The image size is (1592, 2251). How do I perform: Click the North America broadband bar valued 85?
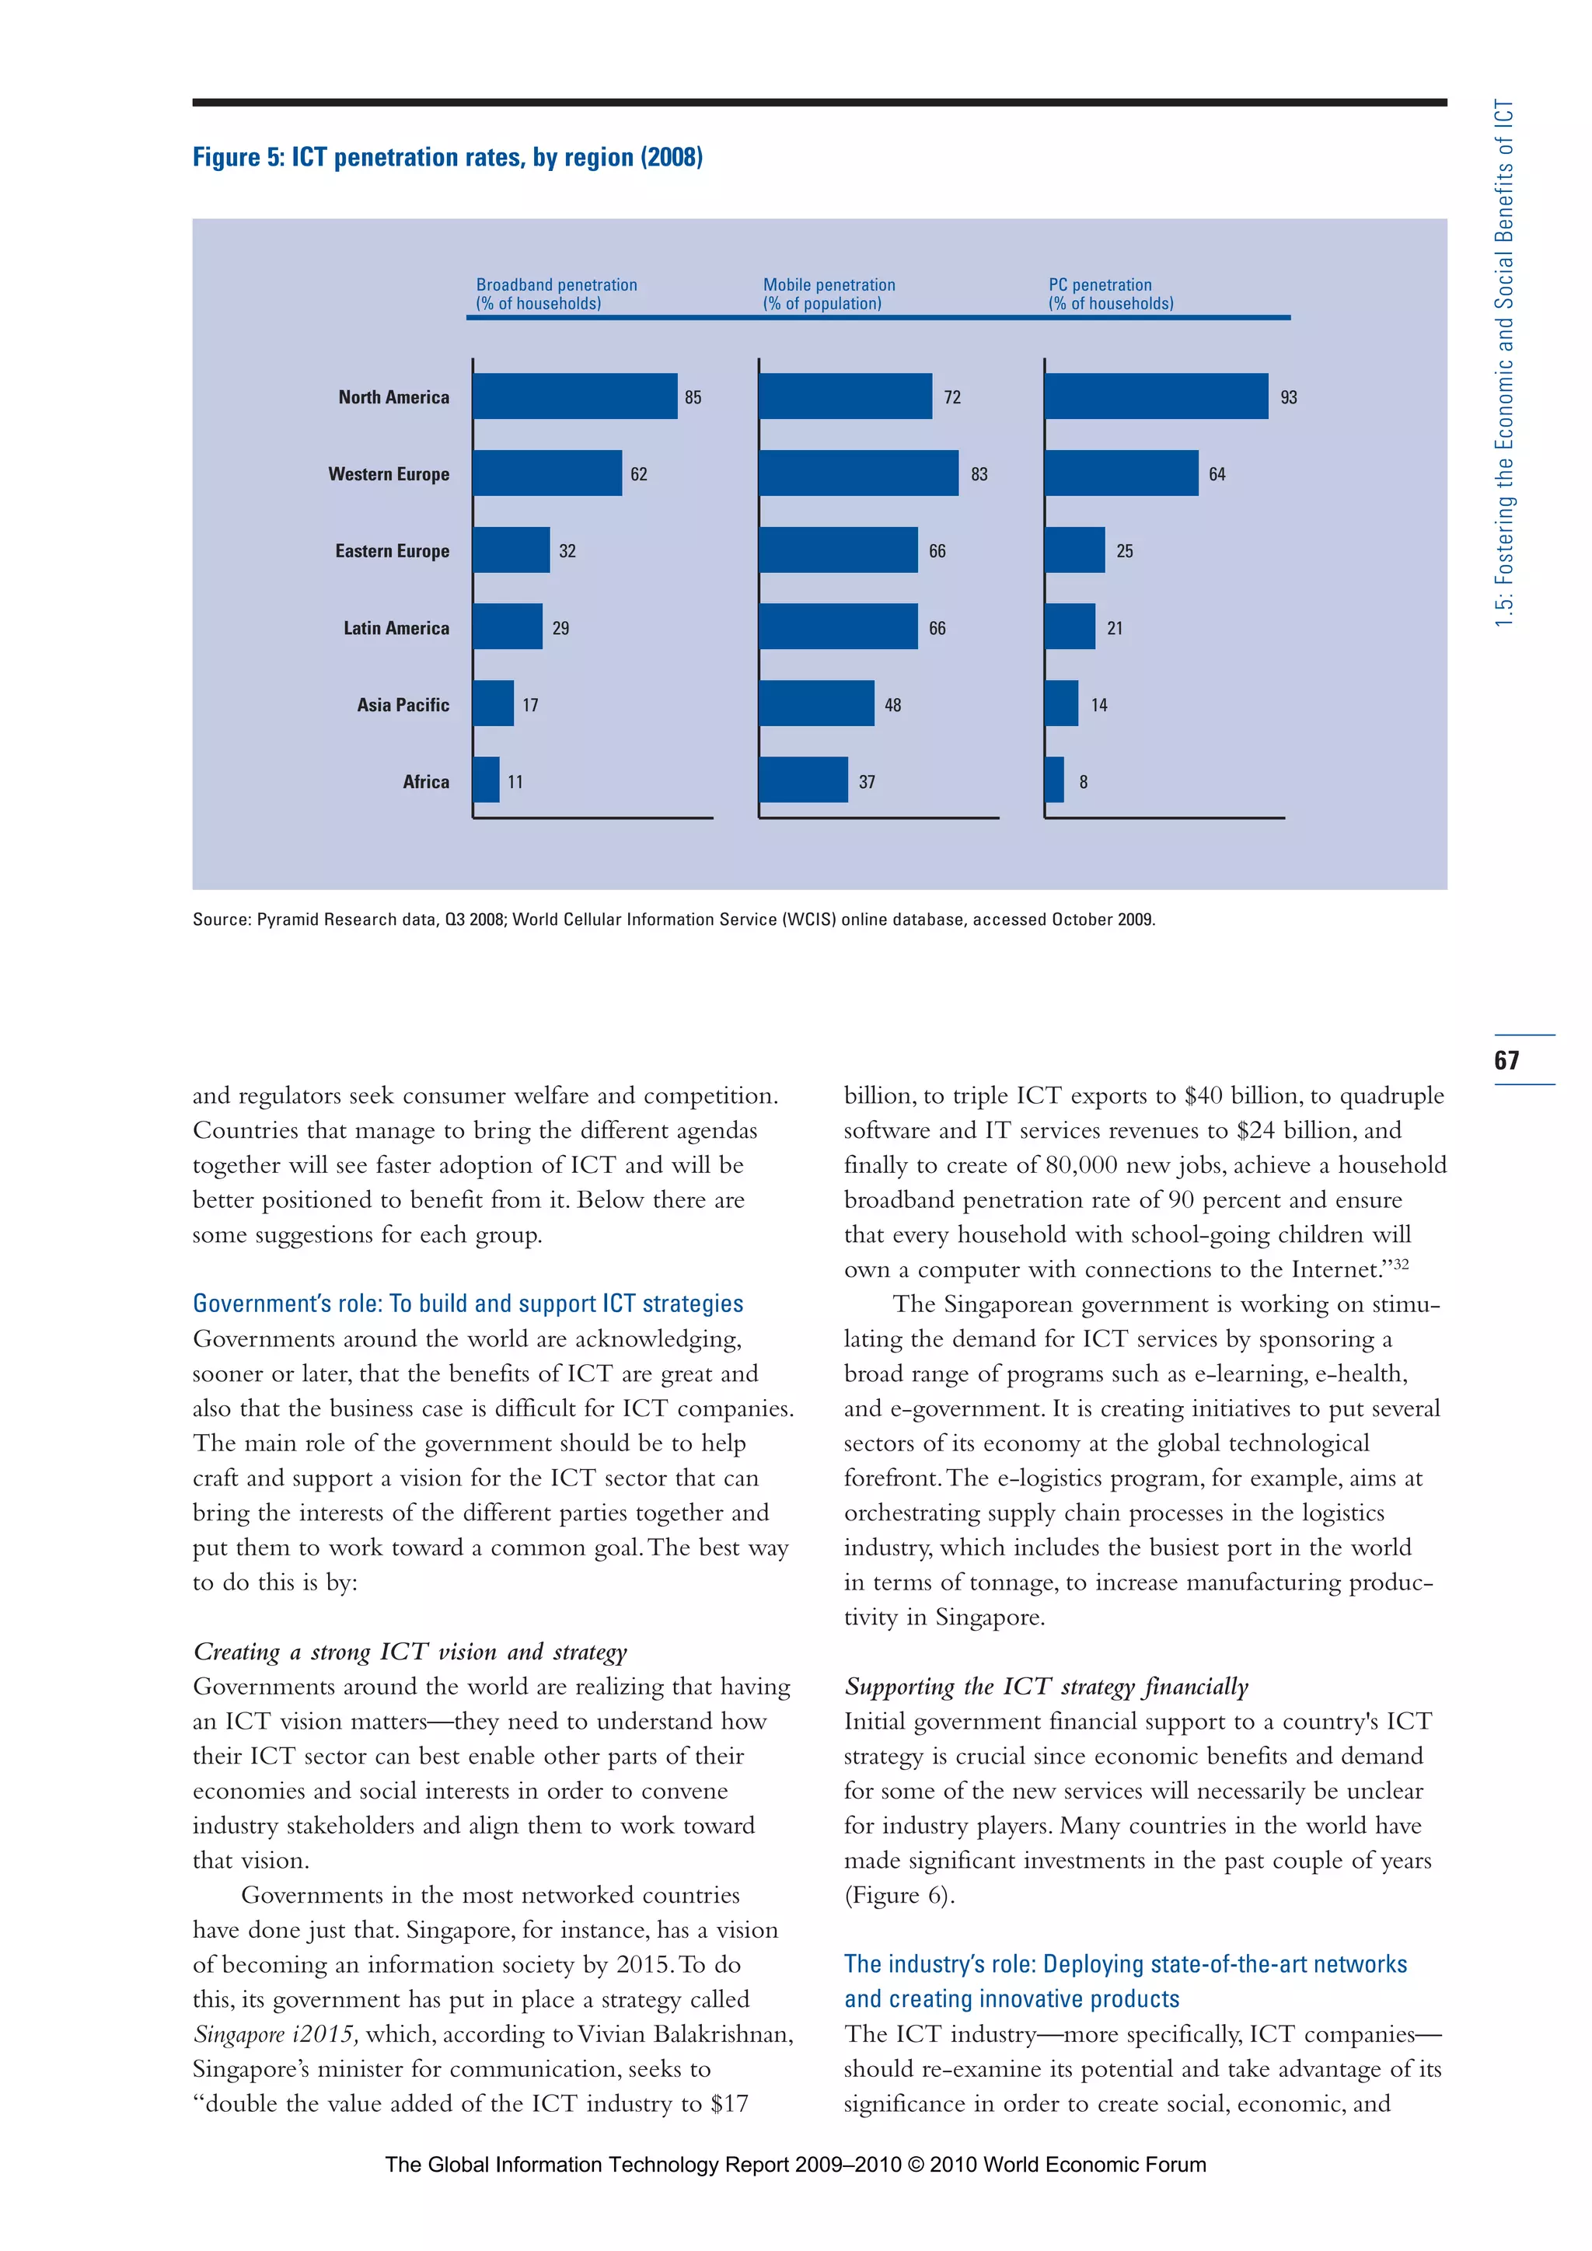tap(574, 396)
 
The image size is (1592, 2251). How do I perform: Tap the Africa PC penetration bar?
tap(1054, 780)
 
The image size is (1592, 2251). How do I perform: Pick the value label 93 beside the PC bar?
tap(1288, 397)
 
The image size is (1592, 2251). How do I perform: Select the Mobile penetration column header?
tap(829, 294)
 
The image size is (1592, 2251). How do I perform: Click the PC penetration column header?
tap(1110, 294)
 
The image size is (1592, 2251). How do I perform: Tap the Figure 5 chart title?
tap(447, 157)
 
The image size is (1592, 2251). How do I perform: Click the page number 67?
tap(1506, 1059)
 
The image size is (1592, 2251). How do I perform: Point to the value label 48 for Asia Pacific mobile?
tap(892, 705)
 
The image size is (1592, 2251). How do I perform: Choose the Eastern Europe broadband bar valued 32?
tap(511, 550)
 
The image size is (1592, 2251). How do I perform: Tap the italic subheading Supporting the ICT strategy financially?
tap(1046, 1686)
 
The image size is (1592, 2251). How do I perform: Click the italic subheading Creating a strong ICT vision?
tap(410, 1651)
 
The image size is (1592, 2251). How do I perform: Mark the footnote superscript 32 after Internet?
tap(1401, 1263)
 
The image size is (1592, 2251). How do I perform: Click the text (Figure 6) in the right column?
tap(899, 1895)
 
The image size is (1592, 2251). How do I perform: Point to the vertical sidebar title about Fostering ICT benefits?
tap(1505, 363)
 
